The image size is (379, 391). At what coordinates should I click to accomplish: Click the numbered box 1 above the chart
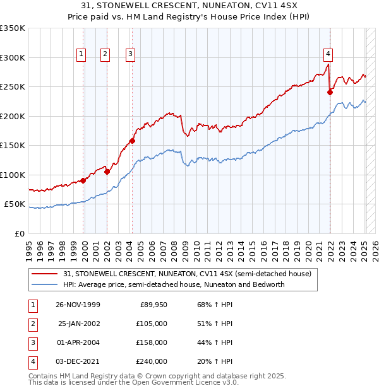(x=82, y=55)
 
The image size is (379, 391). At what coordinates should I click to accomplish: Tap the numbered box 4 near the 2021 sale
(x=328, y=55)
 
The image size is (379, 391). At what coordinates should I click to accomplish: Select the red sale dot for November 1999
(x=83, y=180)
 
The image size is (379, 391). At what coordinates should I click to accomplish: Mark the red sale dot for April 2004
(x=132, y=141)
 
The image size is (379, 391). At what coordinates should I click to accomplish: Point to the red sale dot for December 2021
(x=330, y=92)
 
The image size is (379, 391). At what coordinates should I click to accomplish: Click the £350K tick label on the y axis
(x=13, y=28)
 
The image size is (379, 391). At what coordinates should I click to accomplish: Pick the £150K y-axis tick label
(x=13, y=146)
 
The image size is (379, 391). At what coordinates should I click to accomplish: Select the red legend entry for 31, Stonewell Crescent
(x=188, y=274)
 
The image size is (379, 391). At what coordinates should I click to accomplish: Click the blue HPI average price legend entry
(x=174, y=284)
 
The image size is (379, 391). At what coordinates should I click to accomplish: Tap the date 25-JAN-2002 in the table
(x=79, y=324)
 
